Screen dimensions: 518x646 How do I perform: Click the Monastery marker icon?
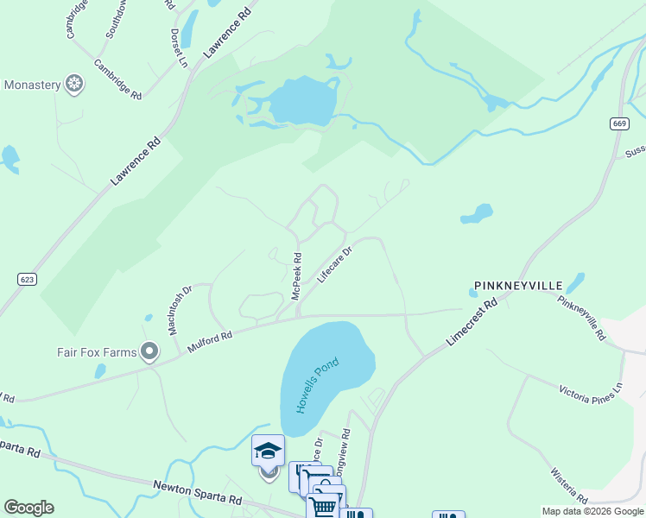click(75, 85)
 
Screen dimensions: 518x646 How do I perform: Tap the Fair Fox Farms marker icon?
click(150, 351)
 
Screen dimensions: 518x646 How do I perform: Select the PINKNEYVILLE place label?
click(517, 286)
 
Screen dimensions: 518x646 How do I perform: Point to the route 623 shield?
click(26, 279)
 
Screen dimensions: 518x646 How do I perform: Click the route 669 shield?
click(617, 123)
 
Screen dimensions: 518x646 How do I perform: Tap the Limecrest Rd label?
click(473, 323)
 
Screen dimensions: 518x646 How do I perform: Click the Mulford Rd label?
click(210, 342)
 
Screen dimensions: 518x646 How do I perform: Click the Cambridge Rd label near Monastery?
click(118, 79)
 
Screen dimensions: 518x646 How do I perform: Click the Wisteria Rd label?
click(569, 486)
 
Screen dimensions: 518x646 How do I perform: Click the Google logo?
click(28, 508)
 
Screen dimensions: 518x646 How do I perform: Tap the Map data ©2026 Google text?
click(592, 511)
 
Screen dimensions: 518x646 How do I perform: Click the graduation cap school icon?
click(268, 451)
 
